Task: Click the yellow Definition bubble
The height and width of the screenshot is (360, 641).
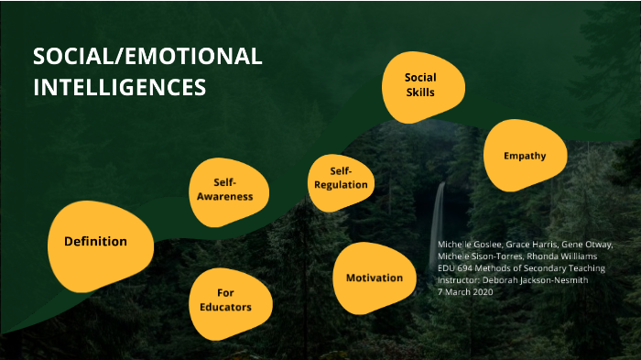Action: pyautogui.click(x=95, y=241)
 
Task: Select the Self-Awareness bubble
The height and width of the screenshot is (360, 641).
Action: pyautogui.click(x=231, y=190)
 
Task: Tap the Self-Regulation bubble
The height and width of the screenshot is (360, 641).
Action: pyautogui.click(x=341, y=178)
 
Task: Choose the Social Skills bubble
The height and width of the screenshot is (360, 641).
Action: pyautogui.click(x=419, y=85)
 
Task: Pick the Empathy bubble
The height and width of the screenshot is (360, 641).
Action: pyautogui.click(x=524, y=156)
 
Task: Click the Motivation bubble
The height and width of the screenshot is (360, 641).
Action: pyautogui.click(x=374, y=278)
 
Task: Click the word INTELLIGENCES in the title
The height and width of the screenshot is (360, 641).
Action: pyautogui.click(x=119, y=88)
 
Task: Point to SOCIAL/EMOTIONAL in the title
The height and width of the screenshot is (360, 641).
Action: pyautogui.click(x=147, y=57)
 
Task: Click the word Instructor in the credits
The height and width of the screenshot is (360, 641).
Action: pyautogui.click(x=460, y=280)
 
